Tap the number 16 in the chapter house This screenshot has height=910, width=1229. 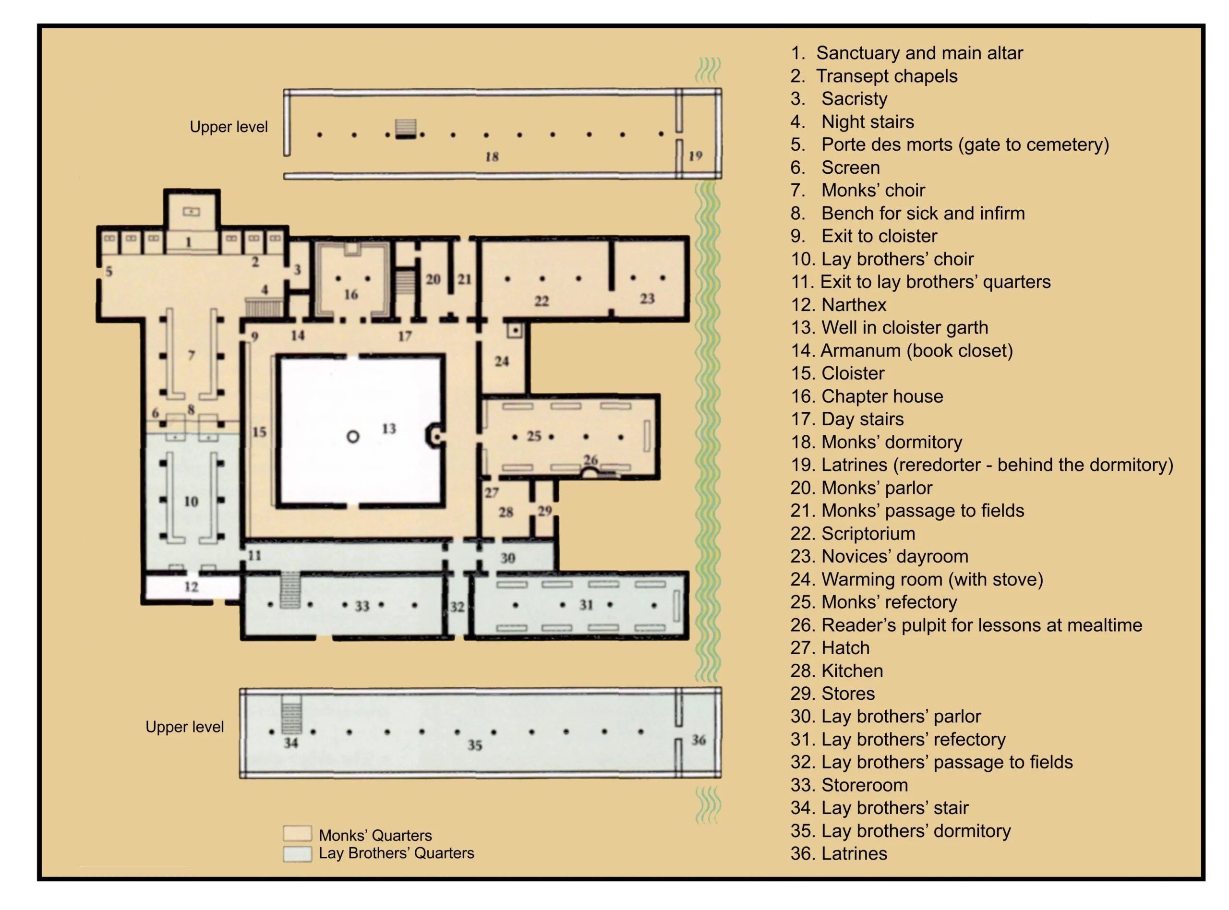click(351, 295)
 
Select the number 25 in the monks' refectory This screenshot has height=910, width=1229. click(534, 436)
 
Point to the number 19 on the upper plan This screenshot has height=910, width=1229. click(695, 156)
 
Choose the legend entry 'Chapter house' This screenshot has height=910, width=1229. click(882, 396)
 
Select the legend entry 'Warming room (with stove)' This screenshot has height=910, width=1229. click(932, 579)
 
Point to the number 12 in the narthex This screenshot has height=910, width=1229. click(191, 587)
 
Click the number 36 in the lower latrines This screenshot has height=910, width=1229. click(699, 739)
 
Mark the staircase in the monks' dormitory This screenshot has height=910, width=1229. click(406, 129)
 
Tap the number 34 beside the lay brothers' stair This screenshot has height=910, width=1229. click(291, 742)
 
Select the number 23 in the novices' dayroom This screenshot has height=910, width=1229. click(647, 299)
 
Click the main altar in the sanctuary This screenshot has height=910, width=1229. click(191, 211)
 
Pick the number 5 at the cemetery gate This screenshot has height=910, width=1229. click(109, 271)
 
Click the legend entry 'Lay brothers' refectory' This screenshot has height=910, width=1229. click(914, 739)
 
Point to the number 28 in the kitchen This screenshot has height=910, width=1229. click(506, 512)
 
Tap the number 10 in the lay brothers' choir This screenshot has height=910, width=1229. click(191, 501)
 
